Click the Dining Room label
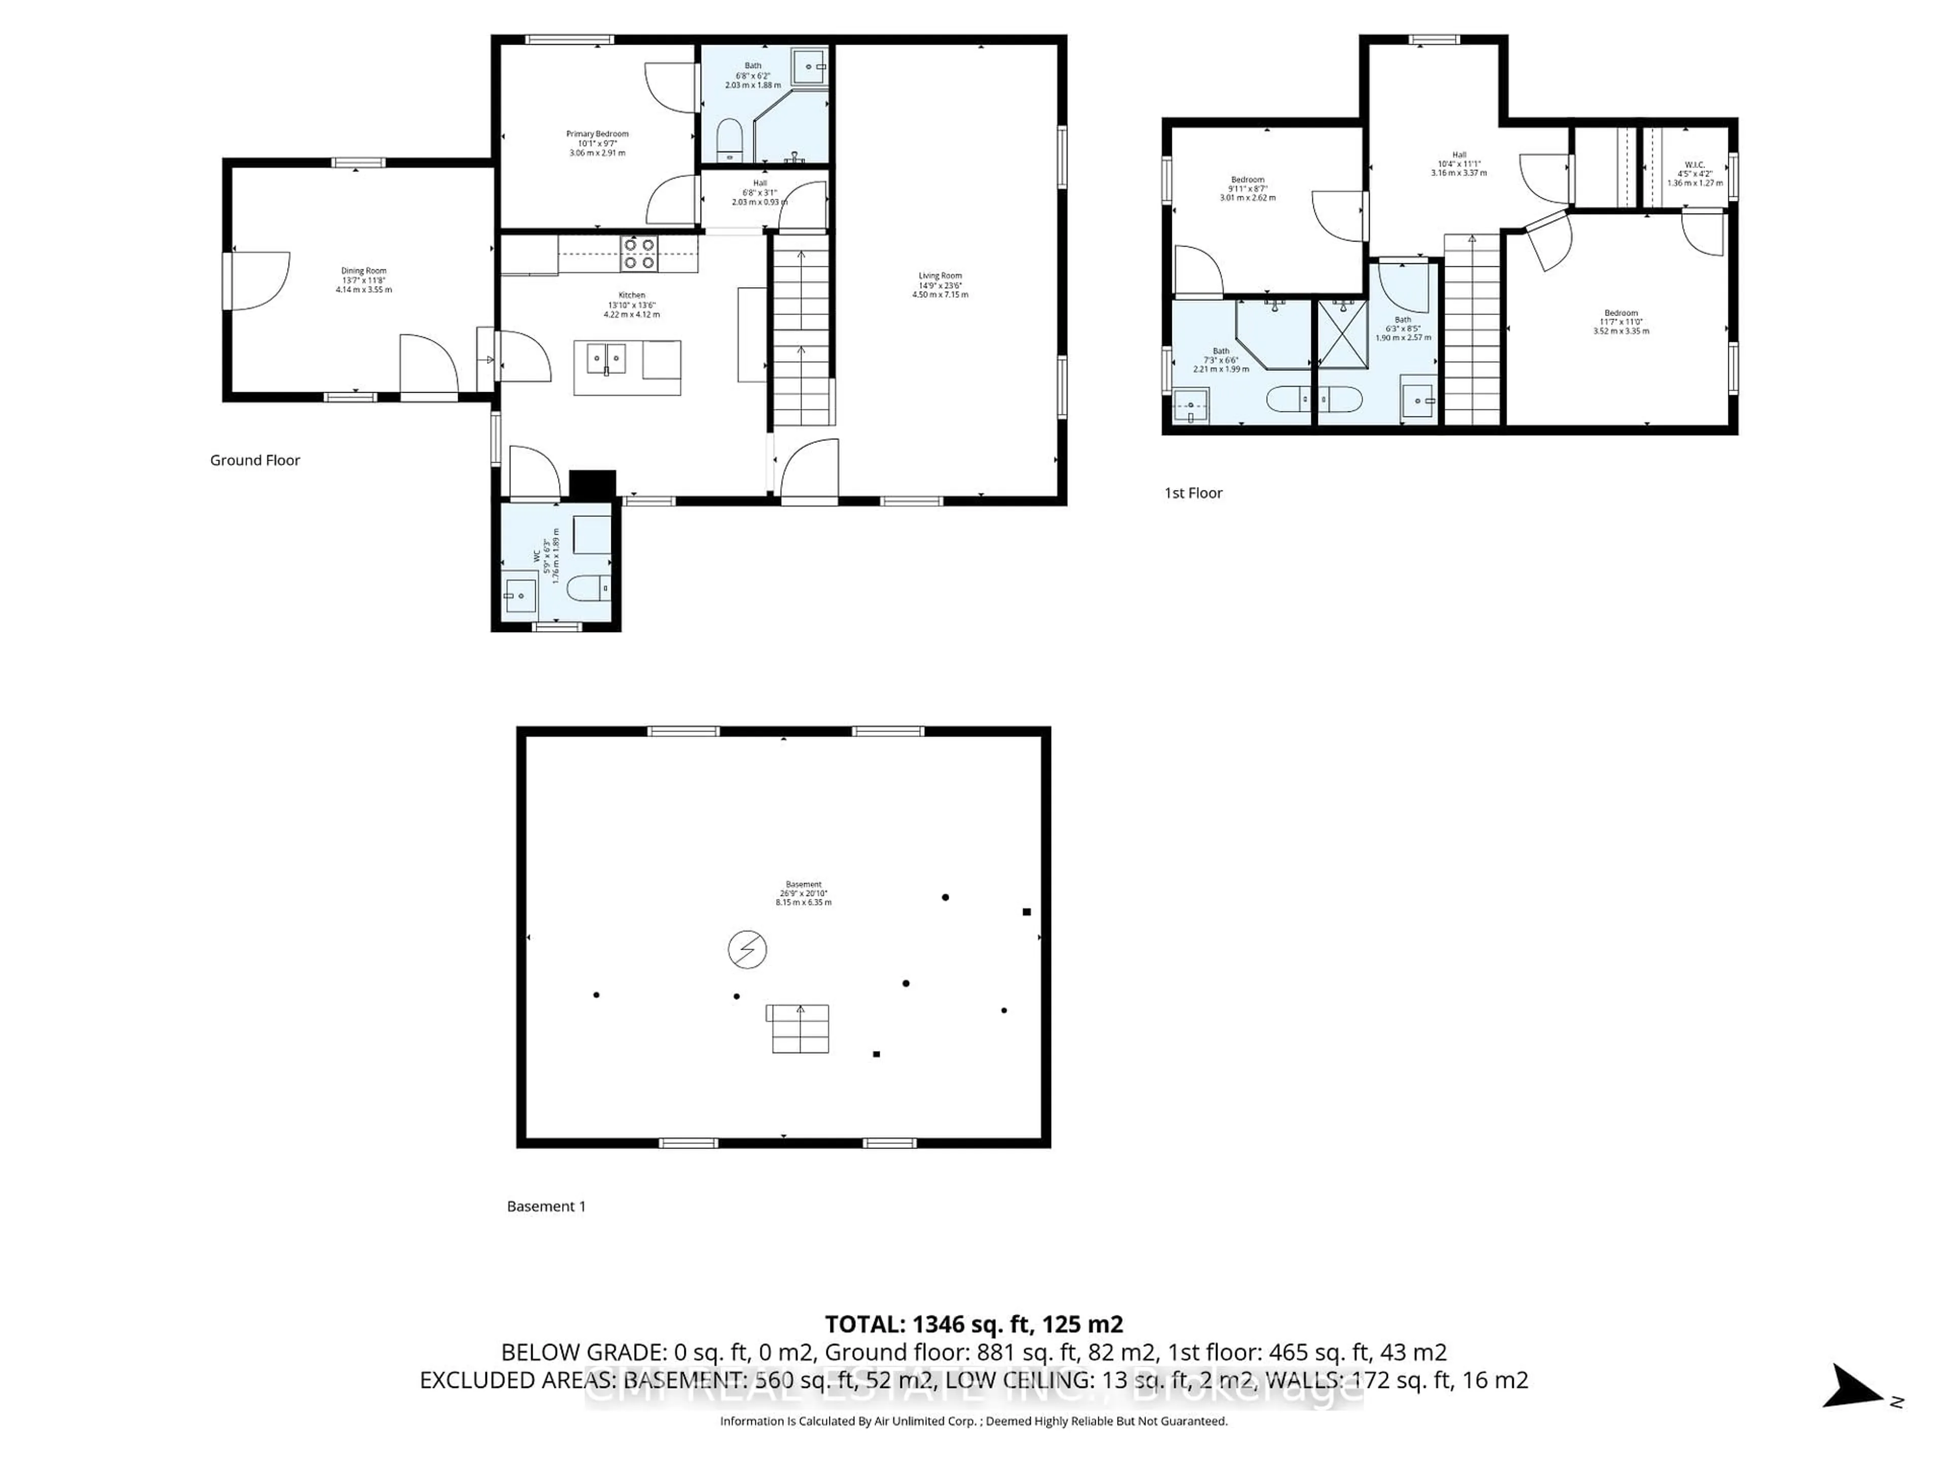[364, 280]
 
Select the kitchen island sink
[606, 359]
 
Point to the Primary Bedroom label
[597, 143]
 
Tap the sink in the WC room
[519, 596]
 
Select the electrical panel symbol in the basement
[747, 949]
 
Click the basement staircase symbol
[799, 1029]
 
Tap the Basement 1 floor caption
[546, 1206]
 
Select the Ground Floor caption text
[255, 460]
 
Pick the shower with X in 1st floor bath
[1342, 335]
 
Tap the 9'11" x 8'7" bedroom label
[1247, 189]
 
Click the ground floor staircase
[802, 335]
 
